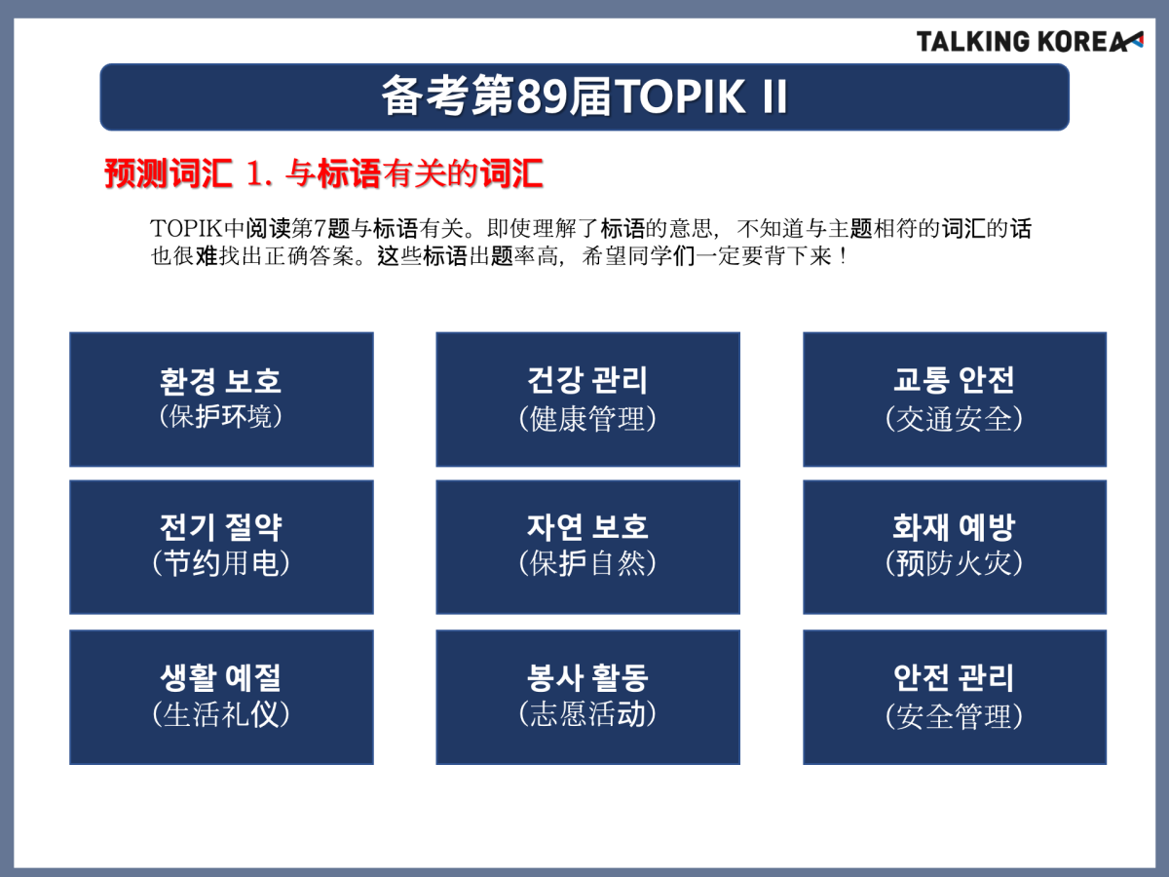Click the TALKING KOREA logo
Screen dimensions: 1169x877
(1030, 42)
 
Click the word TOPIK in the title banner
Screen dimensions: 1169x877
(681, 96)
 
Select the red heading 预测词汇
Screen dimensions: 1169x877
(169, 173)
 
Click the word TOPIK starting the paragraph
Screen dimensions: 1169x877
(186, 228)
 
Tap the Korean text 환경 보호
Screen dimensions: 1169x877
(220, 381)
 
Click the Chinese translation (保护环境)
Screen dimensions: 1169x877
(220, 416)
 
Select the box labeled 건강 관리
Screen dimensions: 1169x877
(588, 400)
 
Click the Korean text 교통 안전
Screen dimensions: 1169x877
(954, 380)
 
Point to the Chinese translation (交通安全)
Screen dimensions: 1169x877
(954, 419)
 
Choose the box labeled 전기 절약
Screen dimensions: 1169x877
(221, 547)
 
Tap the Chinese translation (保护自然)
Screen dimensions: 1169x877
(587, 563)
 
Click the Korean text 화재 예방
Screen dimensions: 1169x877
(954, 527)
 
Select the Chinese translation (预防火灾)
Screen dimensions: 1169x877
(954, 563)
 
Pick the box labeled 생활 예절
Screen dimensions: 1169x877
(221, 697)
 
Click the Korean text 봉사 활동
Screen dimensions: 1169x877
(587, 677)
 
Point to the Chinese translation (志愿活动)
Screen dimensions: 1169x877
(587, 714)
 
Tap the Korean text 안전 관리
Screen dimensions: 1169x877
(954, 677)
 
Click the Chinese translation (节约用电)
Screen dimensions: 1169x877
(220, 563)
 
